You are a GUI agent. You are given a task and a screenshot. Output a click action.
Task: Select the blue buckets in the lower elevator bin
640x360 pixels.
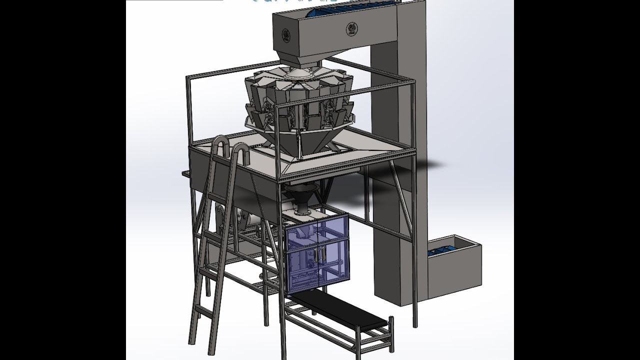coord(446,249)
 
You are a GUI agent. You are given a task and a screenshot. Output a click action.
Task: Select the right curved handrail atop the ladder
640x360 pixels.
coord(240,152)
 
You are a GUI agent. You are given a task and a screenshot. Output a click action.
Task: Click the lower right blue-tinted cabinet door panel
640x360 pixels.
coord(334,270)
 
